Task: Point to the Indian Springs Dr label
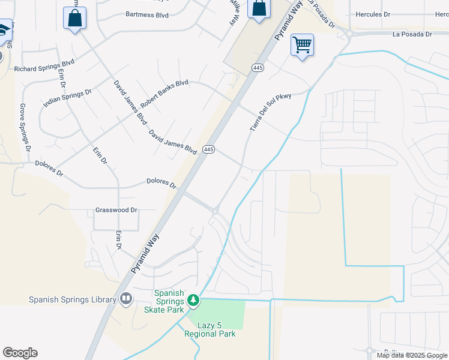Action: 67,100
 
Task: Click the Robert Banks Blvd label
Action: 164,94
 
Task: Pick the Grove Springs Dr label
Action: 25,127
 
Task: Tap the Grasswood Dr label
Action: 116,211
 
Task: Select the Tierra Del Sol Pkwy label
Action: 270,112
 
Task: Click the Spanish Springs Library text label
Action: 72,299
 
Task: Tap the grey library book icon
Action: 126,298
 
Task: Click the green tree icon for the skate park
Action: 193,299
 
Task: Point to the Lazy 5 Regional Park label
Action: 210,329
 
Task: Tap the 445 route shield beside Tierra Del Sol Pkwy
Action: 258,68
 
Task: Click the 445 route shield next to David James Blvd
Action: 208,149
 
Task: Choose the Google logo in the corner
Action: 20,353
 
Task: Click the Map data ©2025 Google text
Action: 412,355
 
